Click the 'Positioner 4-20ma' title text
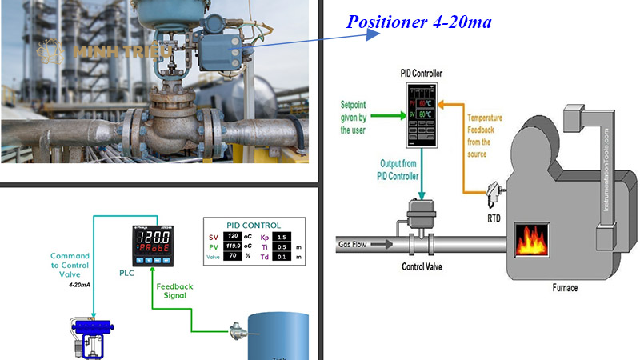(418, 22)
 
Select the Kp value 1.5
(281, 238)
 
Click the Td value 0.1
(281, 258)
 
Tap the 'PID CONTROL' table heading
(254, 225)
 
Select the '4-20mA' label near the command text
(80, 285)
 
